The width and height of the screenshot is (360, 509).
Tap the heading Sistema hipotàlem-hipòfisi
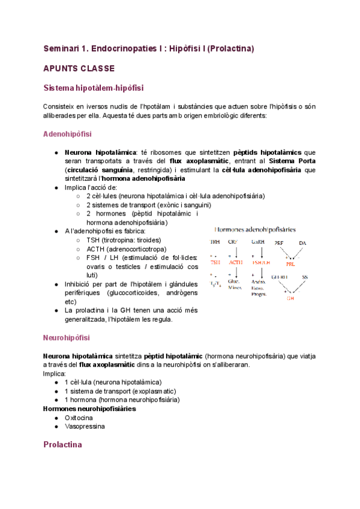click(x=93, y=88)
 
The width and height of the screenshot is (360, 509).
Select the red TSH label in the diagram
click(x=215, y=262)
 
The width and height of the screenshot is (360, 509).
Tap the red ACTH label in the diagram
click(x=235, y=262)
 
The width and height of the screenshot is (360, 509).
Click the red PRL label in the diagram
click(x=290, y=264)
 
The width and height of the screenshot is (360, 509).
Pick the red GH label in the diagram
click(x=290, y=298)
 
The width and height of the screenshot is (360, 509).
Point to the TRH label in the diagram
click(x=214, y=242)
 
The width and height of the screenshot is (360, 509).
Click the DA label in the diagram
click(x=302, y=242)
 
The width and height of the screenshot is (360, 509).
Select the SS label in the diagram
click(x=305, y=277)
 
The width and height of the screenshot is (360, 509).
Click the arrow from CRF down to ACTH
click(x=235, y=252)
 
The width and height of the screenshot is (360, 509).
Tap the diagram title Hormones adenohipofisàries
click(x=259, y=229)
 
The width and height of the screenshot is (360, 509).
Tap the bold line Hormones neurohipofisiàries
click(x=89, y=408)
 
